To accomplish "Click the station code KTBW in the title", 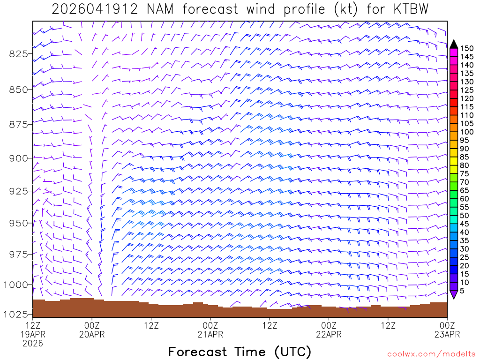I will (409, 9).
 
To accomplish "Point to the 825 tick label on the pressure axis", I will (18, 53).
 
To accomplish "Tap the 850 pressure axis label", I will (18, 89).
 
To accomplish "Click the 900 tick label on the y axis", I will (18, 158).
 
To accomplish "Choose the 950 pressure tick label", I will (18, 223).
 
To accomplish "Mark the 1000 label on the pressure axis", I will (15, 285).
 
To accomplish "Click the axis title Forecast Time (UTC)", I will (240, 352).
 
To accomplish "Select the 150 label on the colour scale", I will (467, 48).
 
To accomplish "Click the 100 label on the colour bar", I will (467, 132).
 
